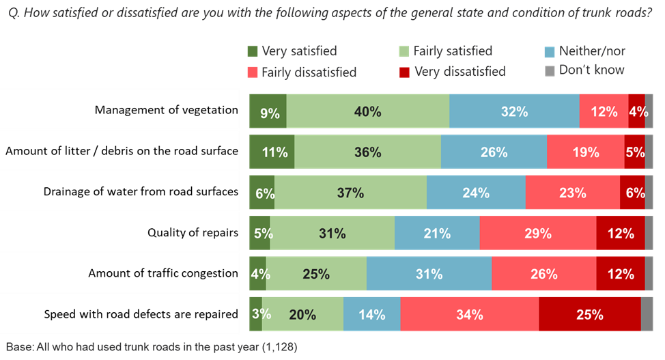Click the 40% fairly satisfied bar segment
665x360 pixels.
[x=368, y=111]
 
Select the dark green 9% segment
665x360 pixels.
[x=268, y=111]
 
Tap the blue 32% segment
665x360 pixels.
[x=514, y=111]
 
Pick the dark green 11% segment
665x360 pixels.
[x=272, y=152]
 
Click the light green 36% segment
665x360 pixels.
[x=367, y=152]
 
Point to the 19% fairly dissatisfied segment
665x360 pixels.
[x=585, y=152]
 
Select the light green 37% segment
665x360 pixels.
[x=350, y=193]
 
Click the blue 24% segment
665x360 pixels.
[x=476, y=193]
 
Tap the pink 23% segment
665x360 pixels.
[x=572, y=193]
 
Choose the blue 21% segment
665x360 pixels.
[x=437, y=233]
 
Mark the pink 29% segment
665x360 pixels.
[x=538, y=233]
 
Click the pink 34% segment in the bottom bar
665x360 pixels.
[x=470, y=315]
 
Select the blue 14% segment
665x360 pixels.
[x=371, y=315]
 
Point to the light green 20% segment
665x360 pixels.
[x=302, y=315]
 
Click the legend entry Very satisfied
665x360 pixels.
[x=293, y=51]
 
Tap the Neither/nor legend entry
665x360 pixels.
[x=584, y=51]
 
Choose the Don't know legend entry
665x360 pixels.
[x=584, y=70]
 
